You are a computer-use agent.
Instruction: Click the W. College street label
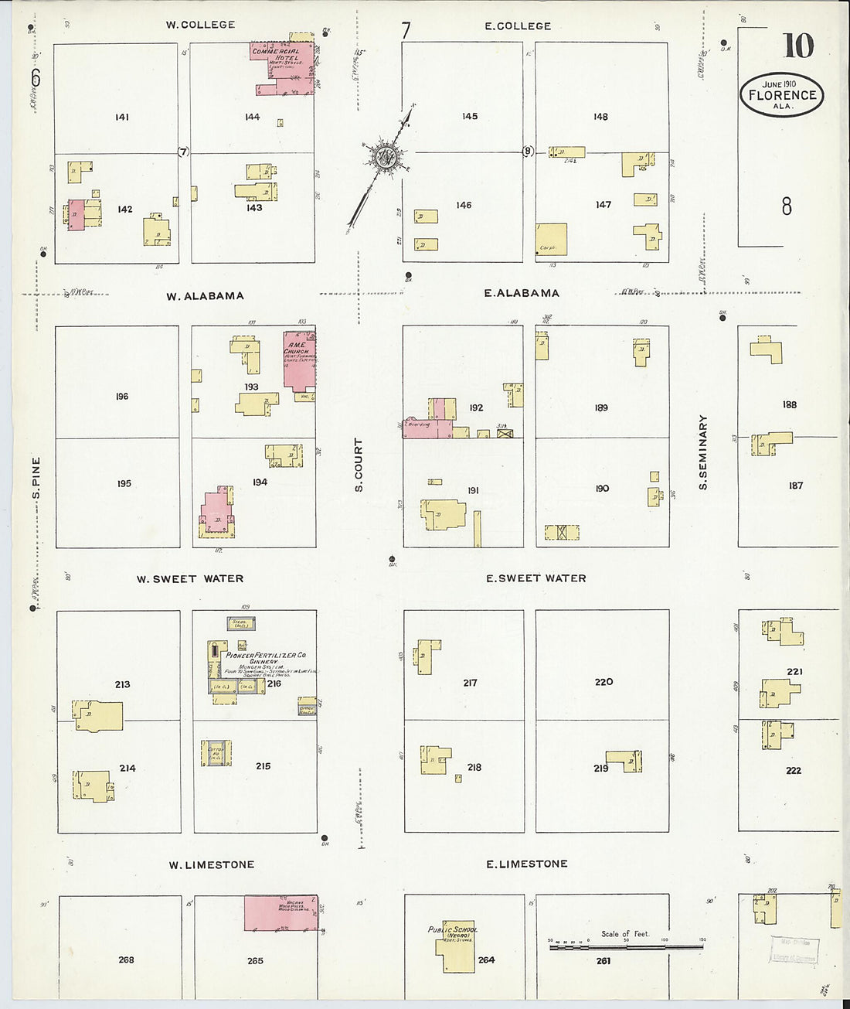200,25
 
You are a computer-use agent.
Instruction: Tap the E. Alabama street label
522,293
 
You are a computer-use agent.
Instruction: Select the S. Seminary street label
703,452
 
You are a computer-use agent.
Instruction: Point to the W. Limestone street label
212,864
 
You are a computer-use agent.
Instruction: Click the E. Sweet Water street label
536,578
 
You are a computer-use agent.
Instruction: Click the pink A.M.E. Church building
298,360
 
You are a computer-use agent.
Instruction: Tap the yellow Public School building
454,947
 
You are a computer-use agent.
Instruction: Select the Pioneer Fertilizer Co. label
266,655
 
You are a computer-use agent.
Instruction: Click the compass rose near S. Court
384,157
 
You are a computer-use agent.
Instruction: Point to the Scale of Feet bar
626,946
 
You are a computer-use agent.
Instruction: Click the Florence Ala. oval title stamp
781,95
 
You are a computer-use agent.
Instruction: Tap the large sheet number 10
797,46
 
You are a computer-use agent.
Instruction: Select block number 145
470,116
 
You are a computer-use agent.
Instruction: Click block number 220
603,681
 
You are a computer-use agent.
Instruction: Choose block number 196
122,396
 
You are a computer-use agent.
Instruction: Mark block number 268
126,960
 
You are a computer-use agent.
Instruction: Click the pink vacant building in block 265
281,912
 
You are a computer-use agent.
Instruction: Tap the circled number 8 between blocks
528,152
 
